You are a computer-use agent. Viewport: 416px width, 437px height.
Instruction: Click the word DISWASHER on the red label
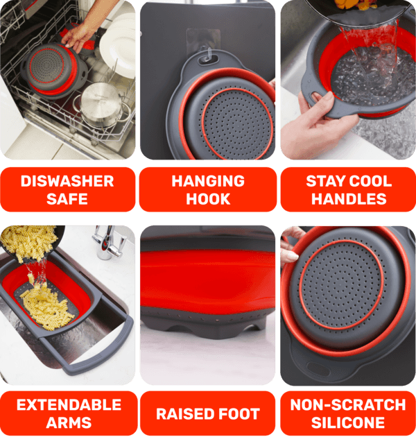[67, 181]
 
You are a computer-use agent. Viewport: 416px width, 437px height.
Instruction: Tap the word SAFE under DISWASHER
[67, 199]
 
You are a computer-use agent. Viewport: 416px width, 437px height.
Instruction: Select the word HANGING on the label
[208, 181]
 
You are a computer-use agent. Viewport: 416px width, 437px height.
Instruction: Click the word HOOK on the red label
[208, 199]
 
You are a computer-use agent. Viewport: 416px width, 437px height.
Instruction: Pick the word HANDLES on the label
[349, 199]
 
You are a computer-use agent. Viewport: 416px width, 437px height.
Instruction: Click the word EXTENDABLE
[69, 404]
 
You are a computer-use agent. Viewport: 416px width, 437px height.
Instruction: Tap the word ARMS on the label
[69, 422]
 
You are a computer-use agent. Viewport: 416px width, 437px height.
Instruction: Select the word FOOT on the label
[239, 414]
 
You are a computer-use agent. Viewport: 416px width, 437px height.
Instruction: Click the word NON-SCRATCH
[348, 404]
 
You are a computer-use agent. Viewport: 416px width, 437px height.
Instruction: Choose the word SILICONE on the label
[348, 422]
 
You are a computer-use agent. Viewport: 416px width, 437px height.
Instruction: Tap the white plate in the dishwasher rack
[118, 46]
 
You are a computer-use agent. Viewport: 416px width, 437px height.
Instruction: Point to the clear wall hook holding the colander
[207, 53]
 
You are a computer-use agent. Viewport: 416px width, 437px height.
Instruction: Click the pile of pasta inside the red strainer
[46, 308]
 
